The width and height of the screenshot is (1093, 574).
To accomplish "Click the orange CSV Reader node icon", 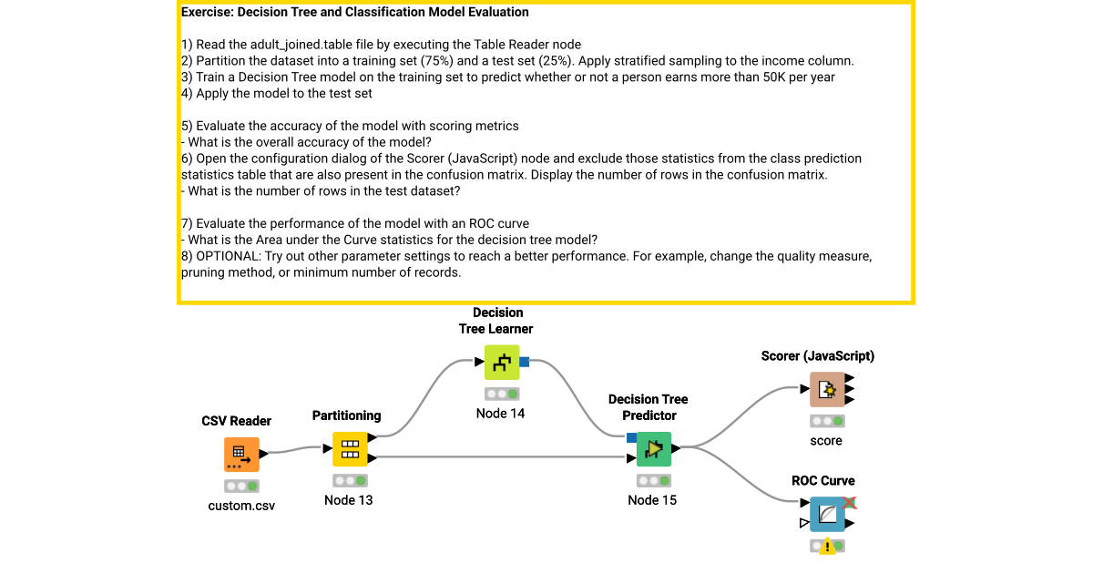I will pos(241,454).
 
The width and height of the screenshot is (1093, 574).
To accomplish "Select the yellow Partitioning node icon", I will pos(349,448).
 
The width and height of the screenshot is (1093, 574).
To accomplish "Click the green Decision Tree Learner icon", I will pos(501,363).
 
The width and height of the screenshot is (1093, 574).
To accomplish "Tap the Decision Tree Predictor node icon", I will pos(653,448).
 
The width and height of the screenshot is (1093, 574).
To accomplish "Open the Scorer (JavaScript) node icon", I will pos(827,390).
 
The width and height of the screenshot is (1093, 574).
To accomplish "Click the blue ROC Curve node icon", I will pos(827,515).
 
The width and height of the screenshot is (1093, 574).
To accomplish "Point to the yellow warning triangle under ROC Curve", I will pos(827,547).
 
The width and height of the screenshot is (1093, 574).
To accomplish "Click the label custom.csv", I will pos(241,505).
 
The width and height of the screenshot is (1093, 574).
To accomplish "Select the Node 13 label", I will pos(349,499).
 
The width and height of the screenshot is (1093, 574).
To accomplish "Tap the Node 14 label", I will pos(501,413).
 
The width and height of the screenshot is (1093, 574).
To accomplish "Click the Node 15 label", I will pos(652,499).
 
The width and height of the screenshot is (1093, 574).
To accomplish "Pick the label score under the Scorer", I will pos(826,440).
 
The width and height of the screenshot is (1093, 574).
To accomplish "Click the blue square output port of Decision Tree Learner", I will pos(525,363).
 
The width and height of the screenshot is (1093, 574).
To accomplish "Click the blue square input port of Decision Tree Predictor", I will pos(631,437).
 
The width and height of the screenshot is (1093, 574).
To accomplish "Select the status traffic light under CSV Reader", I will pos(241,486).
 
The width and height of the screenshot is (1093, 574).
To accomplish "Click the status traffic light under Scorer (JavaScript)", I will pos(827,421).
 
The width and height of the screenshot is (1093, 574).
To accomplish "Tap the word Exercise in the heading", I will pos(207,12).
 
